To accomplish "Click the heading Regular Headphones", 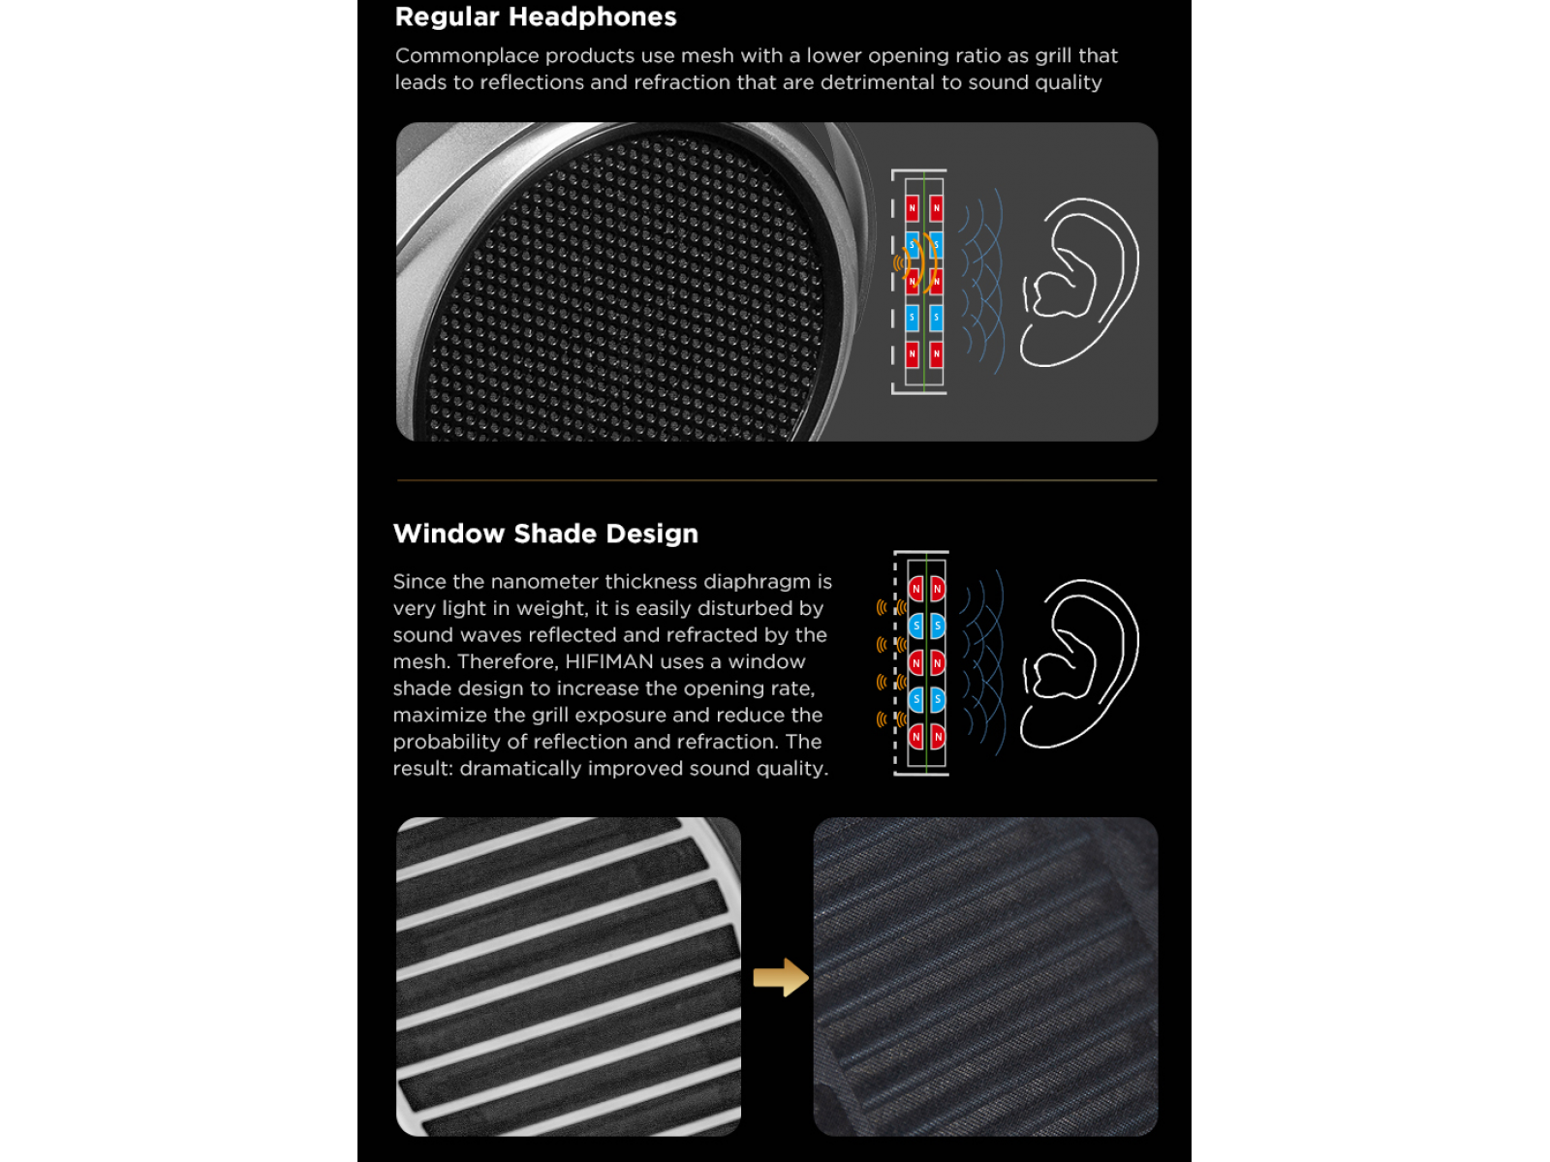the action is click(x=536, y=16).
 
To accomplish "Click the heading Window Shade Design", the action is click(x=545, y=535).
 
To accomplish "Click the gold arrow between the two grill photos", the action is click(x=780, y=977).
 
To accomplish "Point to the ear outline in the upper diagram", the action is click(x=1079, y=282).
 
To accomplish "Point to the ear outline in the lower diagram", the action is click(x=1079, y=663).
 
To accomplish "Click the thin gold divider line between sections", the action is click(x=777, y=479).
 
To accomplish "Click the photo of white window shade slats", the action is click(x=569, y=976).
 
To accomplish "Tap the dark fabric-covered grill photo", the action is click(x=985, y=976).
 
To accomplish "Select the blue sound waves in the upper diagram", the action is click(x=981, y=281).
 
